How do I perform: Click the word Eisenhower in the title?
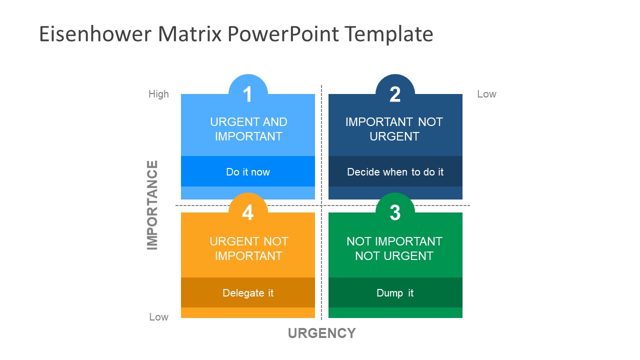95,34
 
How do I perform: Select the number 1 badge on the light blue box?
247,94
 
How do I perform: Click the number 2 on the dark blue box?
395,94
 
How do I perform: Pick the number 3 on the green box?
395,212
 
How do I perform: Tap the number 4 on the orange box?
247,212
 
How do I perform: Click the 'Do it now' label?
248,172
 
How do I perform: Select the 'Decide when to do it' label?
395,172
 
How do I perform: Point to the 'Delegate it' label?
248,293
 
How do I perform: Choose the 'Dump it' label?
395,293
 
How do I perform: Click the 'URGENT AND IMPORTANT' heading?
248,129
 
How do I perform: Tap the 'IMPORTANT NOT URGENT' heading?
394,129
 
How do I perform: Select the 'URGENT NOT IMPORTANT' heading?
248,248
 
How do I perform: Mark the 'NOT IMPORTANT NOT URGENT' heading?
394,248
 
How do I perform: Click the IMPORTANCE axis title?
152,205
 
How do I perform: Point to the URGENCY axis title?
321,333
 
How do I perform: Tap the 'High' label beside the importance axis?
158,94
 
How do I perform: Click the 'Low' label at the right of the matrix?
486,94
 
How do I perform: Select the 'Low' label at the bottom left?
158,317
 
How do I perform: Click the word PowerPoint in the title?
283,34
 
